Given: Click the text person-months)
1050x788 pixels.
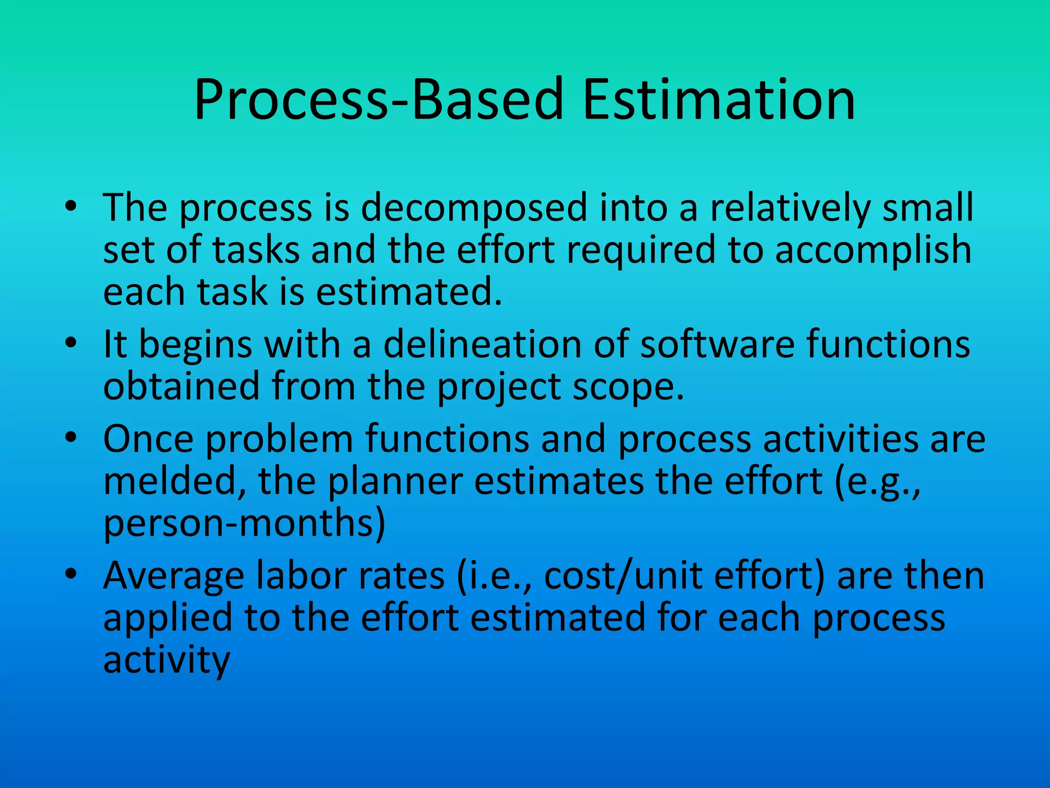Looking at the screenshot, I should tap(244, 524).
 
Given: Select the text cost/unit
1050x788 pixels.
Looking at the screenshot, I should tap(622, 576).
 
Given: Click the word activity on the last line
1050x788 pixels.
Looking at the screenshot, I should tap(166, 661).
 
